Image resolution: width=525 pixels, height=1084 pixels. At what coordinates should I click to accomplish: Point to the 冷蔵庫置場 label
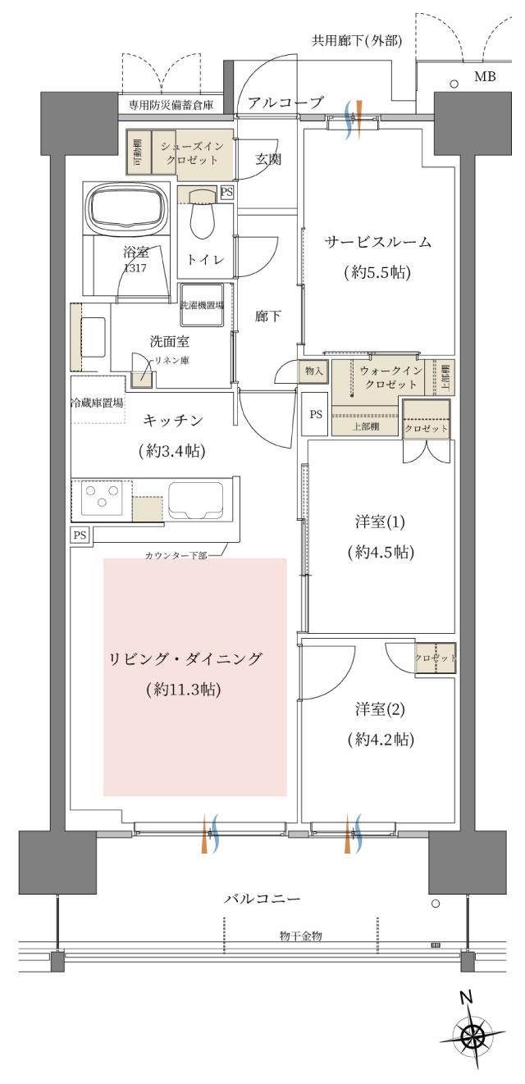96,403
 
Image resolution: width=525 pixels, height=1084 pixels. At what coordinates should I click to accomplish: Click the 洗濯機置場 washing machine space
202,306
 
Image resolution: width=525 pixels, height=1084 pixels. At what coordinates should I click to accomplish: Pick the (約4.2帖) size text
380,740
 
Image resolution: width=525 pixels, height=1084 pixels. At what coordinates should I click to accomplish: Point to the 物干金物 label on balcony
300,936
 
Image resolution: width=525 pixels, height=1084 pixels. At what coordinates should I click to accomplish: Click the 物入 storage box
314,371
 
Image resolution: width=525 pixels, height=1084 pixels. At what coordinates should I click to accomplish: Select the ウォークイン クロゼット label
390,377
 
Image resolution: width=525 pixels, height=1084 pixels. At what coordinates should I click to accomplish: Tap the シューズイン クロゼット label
191,152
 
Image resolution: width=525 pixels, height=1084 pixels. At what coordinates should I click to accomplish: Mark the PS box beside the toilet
227,191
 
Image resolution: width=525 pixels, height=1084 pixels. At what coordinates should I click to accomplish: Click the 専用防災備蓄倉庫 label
171,105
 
